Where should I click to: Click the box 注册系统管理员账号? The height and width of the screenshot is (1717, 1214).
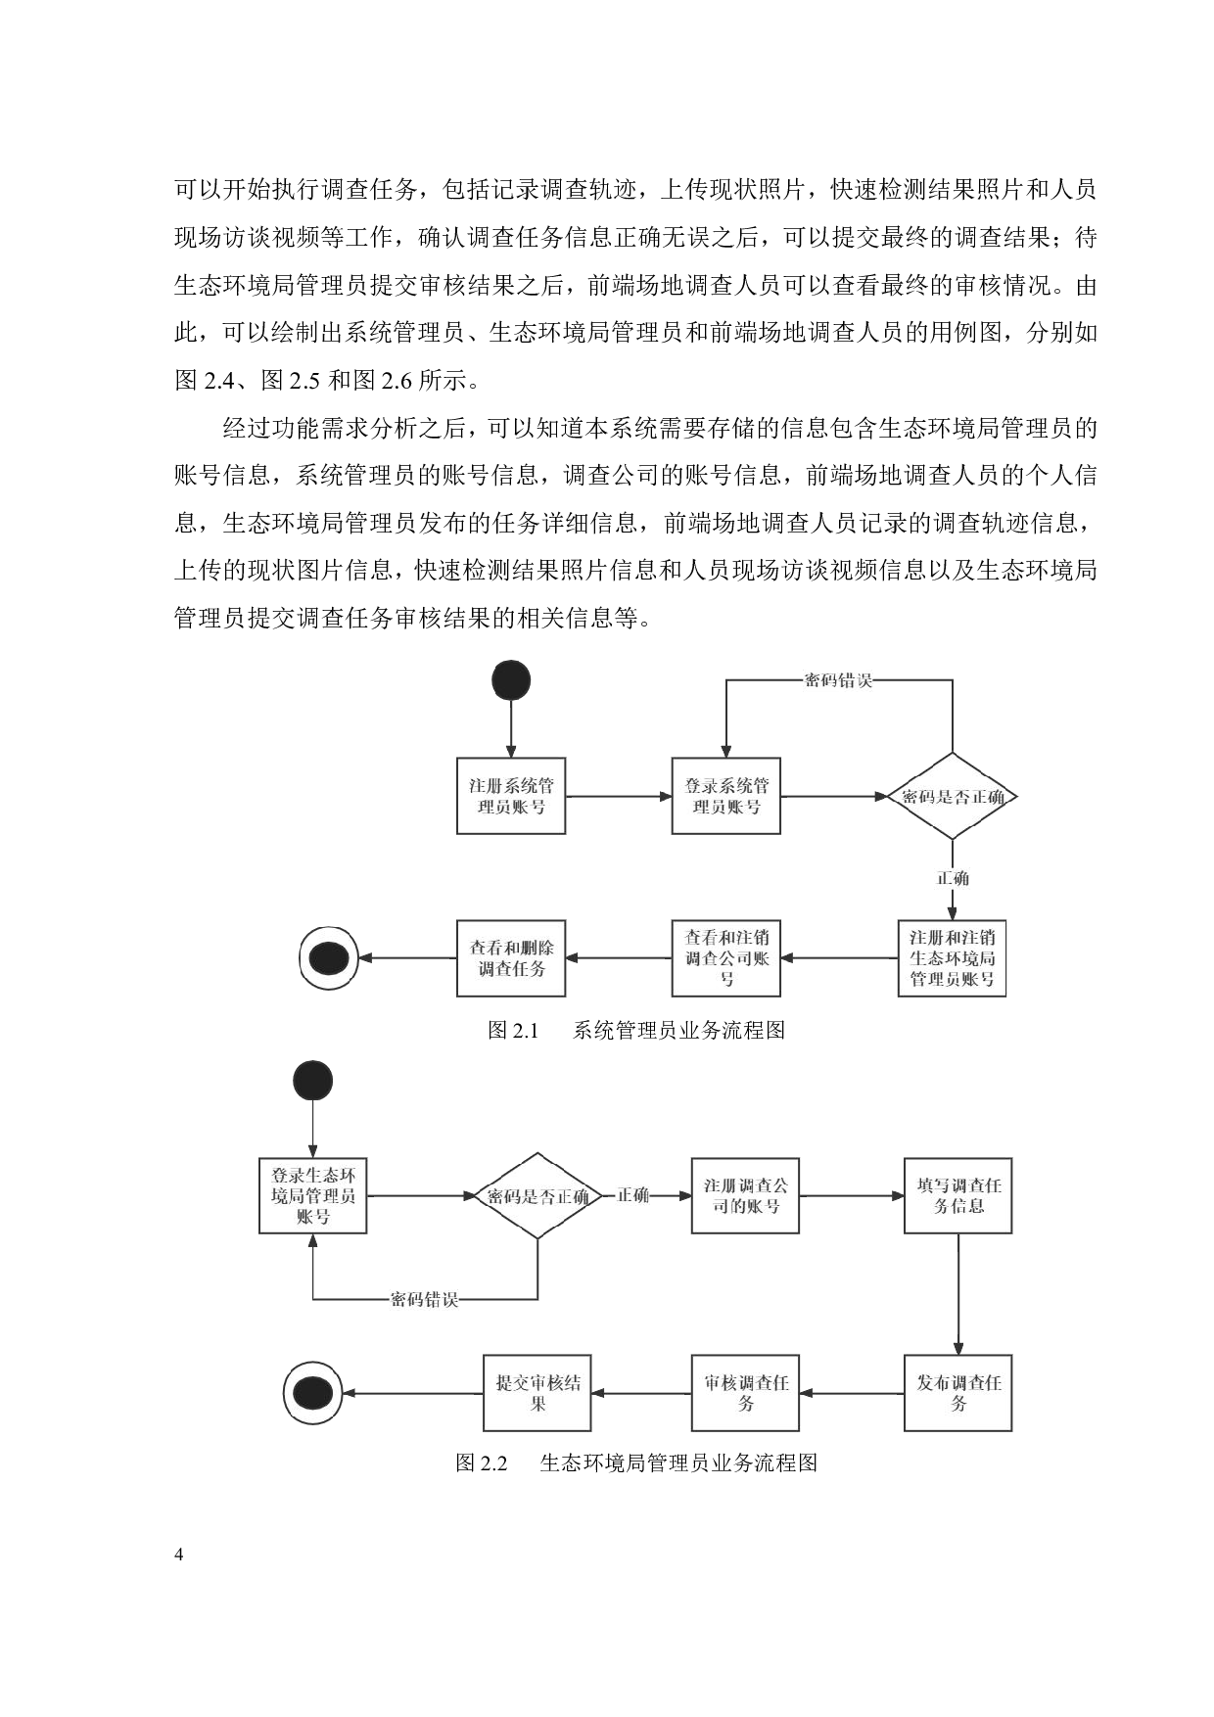pos(511,796)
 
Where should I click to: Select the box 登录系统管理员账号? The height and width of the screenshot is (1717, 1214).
pos(725,796)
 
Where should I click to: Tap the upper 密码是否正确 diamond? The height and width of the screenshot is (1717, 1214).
pos(953,796)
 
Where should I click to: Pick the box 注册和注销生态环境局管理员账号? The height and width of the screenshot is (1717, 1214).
pos(952,958)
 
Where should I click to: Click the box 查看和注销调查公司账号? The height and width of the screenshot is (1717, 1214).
pos(725,958)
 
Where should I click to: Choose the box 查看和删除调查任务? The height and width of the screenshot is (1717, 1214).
pos(511,958)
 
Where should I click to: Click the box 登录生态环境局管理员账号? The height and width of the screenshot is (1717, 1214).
pos(313,1195)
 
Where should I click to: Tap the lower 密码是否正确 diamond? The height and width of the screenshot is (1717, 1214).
pos(537,1195)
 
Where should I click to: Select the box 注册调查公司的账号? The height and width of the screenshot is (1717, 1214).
pos(745,1195)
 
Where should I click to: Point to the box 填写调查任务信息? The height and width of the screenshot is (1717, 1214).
pos(957,1195)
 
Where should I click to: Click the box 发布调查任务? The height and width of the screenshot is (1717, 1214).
pos(957,1393)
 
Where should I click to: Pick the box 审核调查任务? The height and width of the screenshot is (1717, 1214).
pos(745,1393)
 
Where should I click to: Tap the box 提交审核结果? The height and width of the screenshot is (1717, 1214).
pos(537,1393)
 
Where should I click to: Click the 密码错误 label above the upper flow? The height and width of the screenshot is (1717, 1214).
pos(837,680)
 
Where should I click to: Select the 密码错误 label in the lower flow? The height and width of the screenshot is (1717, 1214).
pos(424,1300)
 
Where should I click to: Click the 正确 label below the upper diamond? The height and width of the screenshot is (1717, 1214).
pos(953,878)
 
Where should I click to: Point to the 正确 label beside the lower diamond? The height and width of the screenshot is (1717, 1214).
pos(632,1195)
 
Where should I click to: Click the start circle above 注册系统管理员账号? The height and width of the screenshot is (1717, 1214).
pos(511,680)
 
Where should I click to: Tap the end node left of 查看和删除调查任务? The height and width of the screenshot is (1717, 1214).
pos(328,958)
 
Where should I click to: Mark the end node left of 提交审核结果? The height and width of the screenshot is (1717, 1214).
pos(313,1393)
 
